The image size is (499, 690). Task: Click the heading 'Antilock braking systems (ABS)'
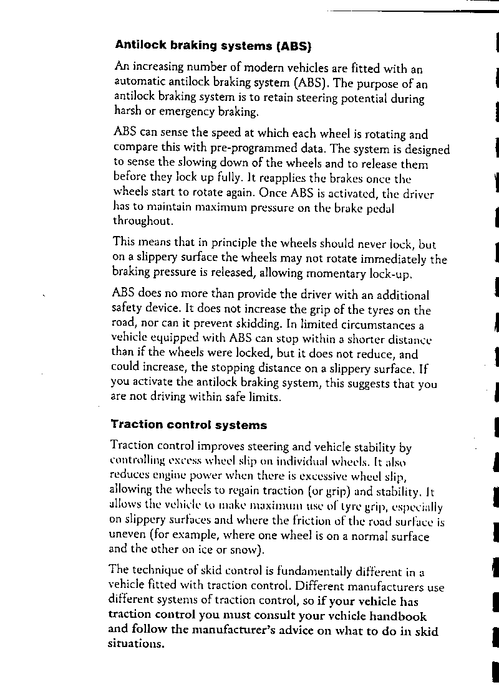(x=213, y=45)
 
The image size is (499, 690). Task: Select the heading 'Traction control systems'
(x=188, y=425)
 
